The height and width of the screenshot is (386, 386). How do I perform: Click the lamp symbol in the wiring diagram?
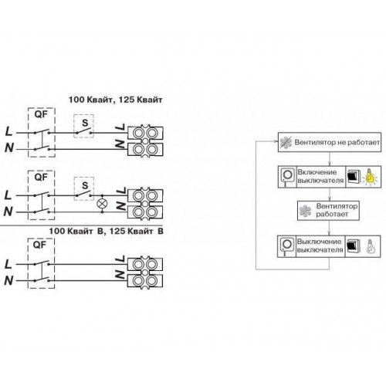tap(102, 204)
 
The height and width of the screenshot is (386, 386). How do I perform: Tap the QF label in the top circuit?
tap(41, 114)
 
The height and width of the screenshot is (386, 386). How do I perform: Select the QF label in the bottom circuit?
tap(39, 245)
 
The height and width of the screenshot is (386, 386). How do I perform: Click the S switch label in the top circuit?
tap(85, 123)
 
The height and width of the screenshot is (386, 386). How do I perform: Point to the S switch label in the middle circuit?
tap(85, 185)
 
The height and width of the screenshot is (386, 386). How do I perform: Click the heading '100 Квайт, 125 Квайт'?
tap(116, 100)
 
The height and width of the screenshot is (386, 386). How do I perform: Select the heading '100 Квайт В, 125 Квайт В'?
tap(107, 231)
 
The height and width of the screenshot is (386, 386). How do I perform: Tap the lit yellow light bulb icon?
tap(370, 177)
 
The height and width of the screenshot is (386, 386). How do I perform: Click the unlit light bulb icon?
tap(370, 246)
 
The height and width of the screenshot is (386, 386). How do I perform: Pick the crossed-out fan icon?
tap(286, 142)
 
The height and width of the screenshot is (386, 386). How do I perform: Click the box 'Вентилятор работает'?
tap(328, 211)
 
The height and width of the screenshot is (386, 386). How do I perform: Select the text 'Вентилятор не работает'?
tap(337, 142)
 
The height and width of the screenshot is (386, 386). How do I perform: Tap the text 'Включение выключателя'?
tap(320, 176)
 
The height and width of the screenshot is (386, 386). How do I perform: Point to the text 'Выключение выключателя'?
tap(320, 245)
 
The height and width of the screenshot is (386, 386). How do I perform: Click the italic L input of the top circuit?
tap(9, 132)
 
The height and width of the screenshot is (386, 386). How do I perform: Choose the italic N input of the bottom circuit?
tap(8, 280)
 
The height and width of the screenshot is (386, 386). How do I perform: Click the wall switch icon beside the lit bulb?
tap(352, 177)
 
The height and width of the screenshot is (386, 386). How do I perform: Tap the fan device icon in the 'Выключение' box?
tap(286, 246)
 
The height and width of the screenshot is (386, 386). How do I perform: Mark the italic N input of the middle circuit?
tap(8, 212)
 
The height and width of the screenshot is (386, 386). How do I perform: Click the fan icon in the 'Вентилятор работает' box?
tap(306, 211)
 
